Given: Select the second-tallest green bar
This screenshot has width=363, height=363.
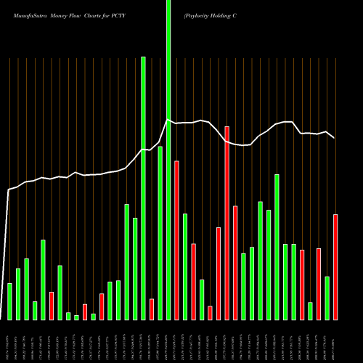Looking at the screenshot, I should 143,189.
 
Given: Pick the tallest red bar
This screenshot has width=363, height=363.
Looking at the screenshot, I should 227,223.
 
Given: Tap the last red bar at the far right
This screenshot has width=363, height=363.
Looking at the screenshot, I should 335,266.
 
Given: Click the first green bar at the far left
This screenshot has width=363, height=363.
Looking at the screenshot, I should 9,301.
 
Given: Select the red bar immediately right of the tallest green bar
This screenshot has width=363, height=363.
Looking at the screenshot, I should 176,240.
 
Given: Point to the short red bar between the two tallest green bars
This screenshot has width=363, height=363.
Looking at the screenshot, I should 152,309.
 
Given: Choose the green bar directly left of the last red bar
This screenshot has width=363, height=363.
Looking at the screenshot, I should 327,298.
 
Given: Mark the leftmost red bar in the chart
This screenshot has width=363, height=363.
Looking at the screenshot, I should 52,305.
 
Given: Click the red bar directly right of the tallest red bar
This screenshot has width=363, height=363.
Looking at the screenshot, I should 235,263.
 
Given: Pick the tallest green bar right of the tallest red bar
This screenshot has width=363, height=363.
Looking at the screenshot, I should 277,247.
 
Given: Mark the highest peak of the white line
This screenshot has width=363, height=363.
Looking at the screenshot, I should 168,120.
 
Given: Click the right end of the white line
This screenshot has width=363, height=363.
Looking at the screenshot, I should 334,137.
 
